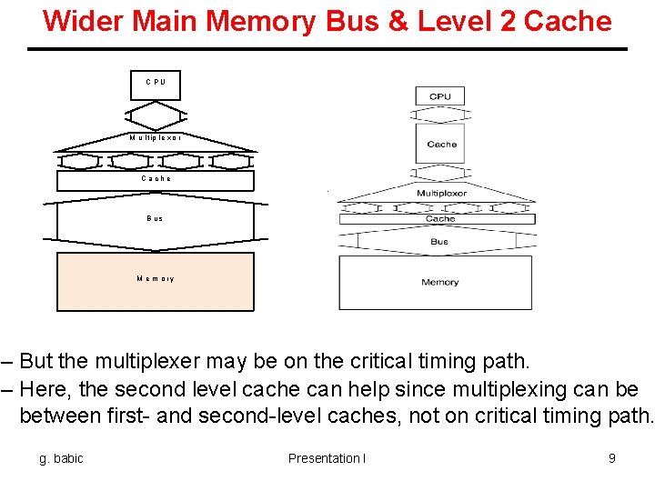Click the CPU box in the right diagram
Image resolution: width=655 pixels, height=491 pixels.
tap(439, 95)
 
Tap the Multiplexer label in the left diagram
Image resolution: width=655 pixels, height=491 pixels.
tap(156, 138)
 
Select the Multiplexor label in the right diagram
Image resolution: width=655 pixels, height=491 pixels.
tap(441, 194)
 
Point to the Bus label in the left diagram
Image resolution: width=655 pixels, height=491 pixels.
tap(156, 218)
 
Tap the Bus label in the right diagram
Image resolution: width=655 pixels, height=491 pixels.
tap(439, 242)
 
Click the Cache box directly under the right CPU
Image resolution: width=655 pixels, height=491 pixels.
tap(441, 144)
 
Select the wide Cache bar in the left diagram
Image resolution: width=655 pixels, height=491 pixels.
tap(156, 180)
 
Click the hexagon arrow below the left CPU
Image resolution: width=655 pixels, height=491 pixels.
tap(156, 115)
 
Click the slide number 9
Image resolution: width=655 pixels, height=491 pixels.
tap(611, 458)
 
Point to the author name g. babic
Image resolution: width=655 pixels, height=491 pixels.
tap(61, 458)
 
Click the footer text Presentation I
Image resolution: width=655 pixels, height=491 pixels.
tap(327, 458)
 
